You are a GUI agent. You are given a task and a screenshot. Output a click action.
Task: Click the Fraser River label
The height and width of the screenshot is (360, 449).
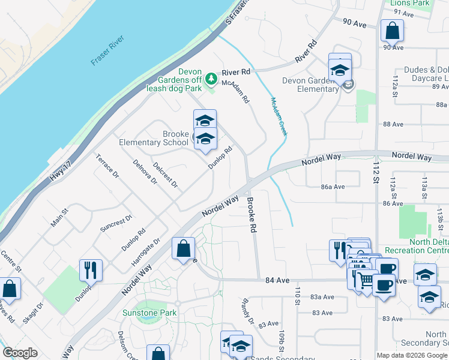click(107, 50)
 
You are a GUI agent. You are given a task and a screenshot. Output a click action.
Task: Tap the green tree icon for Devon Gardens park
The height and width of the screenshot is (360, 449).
click(211, 78)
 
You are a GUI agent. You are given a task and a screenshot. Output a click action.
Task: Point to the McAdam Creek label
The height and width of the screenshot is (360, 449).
click(279, 116)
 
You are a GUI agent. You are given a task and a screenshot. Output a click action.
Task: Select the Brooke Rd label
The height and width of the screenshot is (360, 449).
click(252, 216)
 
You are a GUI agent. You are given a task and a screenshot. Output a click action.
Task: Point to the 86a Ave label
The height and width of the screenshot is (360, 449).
click(333, 187)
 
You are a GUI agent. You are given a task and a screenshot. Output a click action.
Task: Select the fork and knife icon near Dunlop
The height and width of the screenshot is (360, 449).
click(91, 269)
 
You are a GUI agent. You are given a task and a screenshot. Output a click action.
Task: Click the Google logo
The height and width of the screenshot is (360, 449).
click(20, 353)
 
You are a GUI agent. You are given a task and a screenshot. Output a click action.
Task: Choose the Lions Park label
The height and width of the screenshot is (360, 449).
click(410, 4)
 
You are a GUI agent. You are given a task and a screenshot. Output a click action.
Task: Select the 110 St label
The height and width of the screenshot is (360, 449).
click(297, 296)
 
